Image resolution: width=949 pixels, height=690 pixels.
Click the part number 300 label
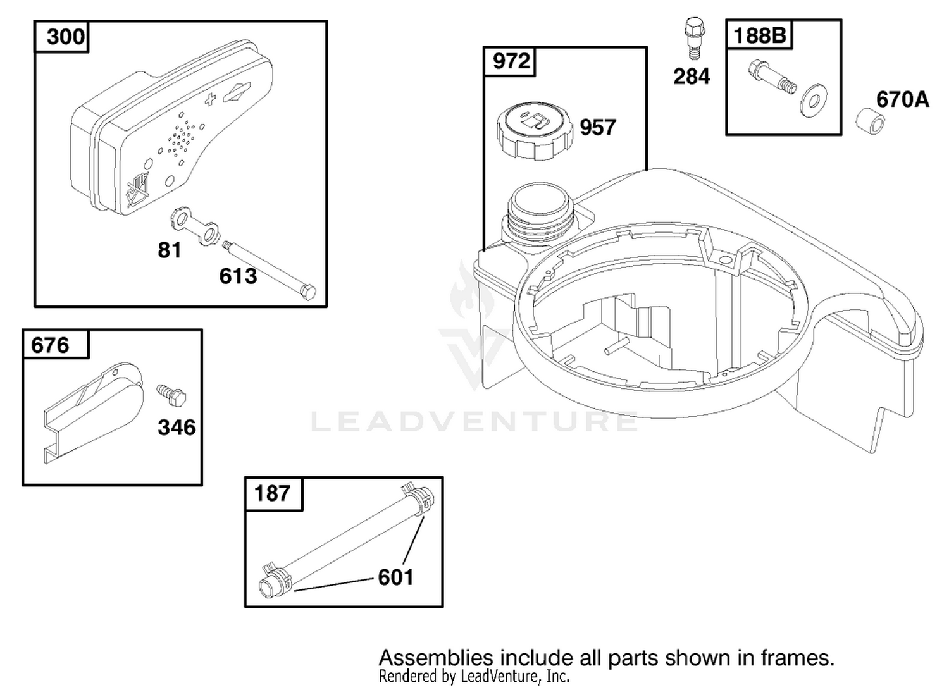coord(65,37)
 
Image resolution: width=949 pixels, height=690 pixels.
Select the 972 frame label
coord(511,61)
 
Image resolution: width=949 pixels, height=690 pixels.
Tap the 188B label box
coord(760,35)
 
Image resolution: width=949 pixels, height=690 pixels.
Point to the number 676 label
coord(50,345)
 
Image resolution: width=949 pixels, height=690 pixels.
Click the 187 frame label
coord(273,493)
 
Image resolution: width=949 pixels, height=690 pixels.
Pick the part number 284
coord(692,77)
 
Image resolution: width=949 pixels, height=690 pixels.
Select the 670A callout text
coord(902,100)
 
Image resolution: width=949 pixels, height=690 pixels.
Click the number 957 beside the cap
coord(598,128)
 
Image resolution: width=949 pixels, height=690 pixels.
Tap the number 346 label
coord(177,428)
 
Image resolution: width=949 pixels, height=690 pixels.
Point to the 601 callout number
coord(395,577)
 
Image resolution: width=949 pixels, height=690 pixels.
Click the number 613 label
coord(238,276)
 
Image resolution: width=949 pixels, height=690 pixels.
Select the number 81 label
coord(170,250)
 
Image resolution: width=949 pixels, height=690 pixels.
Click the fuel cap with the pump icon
coord(535,130)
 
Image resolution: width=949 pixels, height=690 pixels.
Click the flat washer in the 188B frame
coord(813,102)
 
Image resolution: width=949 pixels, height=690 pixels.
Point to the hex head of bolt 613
coord(308,292)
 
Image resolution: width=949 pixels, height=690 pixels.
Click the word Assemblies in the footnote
coord(436,658)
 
